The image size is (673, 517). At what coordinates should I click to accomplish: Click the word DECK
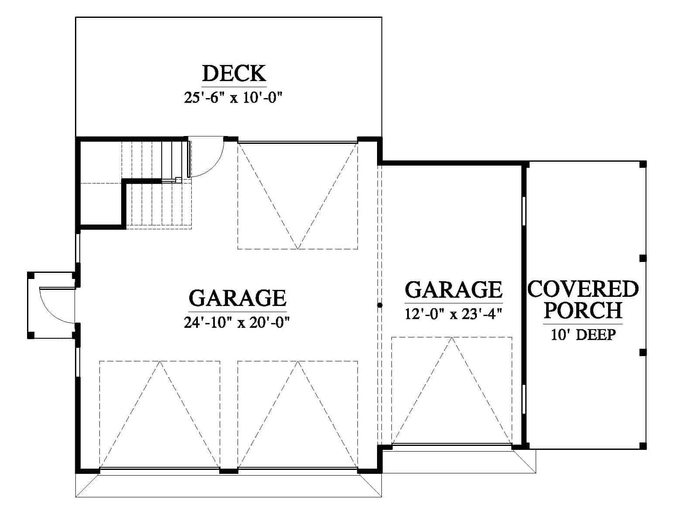pos(234,73)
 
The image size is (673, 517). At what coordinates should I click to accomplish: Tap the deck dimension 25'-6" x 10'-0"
pos(234,98)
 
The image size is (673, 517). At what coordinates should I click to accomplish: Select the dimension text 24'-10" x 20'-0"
pos(237,322)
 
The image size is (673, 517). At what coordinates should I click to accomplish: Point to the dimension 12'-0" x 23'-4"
pos(453,314)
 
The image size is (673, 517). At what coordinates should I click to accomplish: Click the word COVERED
pos(583,289)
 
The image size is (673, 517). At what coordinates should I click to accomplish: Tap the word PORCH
pos(583,310)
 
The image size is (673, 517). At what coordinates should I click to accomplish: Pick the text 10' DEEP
pos(583,335)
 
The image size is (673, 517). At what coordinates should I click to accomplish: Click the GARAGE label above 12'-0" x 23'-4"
pos(453,289)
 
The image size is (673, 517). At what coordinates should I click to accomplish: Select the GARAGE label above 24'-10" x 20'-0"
pos(238,298)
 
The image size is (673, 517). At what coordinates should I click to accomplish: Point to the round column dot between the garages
pos(380,305)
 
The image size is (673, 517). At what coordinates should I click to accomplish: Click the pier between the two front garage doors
pos(228,471)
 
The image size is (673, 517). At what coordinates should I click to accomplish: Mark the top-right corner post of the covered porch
pos(643,164)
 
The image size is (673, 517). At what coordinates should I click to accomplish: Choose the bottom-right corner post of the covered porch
pos(643,446)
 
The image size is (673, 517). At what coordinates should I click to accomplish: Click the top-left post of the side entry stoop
pos(31,275)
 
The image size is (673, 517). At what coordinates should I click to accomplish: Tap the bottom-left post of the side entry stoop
pos(31,335)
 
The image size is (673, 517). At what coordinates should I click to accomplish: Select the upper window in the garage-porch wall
pos(524,211)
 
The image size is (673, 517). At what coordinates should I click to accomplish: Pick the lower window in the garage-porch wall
pos(524,399)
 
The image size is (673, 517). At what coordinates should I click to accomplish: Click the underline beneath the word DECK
pos(234,87)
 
